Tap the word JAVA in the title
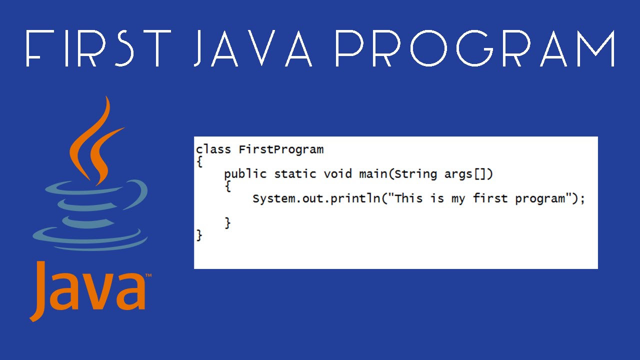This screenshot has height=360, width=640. [x=252, y=48]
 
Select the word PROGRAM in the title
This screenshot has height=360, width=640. [x=475, y=48]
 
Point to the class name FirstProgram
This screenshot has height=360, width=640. [x=281, y=149]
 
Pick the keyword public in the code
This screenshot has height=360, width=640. [x=245, y=174]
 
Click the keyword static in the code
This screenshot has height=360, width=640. [x=295, y=174]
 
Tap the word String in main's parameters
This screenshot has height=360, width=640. [x=415, y=174]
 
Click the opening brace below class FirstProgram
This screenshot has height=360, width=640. [x=199, y=162]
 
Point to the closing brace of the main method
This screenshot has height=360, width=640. [x=228, y=222]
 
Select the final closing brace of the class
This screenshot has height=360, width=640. [x=199, y=235]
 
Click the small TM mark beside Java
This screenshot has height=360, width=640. [x=148, y=275]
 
